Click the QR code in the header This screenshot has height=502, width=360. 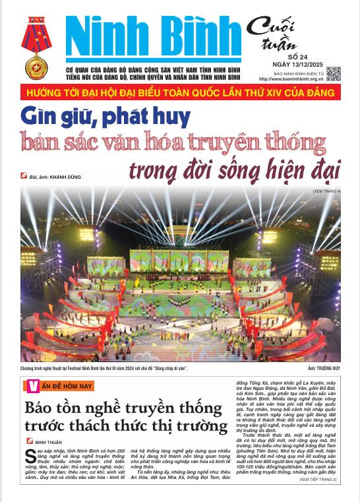point(333,73)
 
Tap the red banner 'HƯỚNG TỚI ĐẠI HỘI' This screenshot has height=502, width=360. point(180,90)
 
